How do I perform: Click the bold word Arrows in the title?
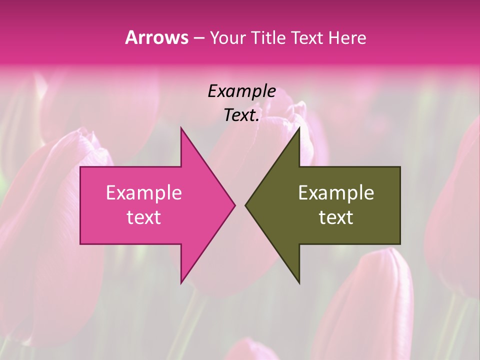156,37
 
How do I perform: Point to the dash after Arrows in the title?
199,38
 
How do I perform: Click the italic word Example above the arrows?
241,91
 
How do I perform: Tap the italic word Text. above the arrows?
241,115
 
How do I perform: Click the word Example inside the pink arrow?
143,192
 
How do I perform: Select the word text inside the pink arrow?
143,217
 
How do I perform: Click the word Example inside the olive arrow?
336,192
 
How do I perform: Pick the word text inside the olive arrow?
336,217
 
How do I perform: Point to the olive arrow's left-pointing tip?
247,205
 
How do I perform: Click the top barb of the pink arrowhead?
182,131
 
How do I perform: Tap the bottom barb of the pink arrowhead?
182,280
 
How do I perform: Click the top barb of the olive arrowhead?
298,131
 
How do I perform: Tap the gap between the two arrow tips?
240,205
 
